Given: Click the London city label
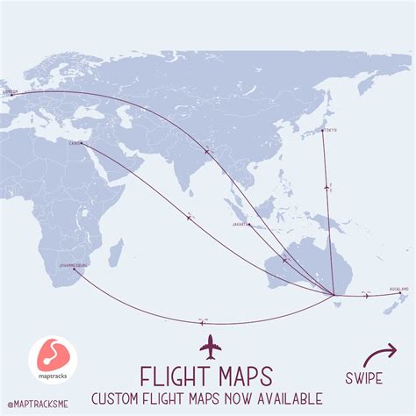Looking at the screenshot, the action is (x=11, y=90).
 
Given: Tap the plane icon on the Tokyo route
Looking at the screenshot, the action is (x=327, y=186).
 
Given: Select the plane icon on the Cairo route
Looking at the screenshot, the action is (x=188, y=217).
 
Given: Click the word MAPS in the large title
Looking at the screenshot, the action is (x=248, y=375).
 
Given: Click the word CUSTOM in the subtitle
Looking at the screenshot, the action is (x=118, y=400).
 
